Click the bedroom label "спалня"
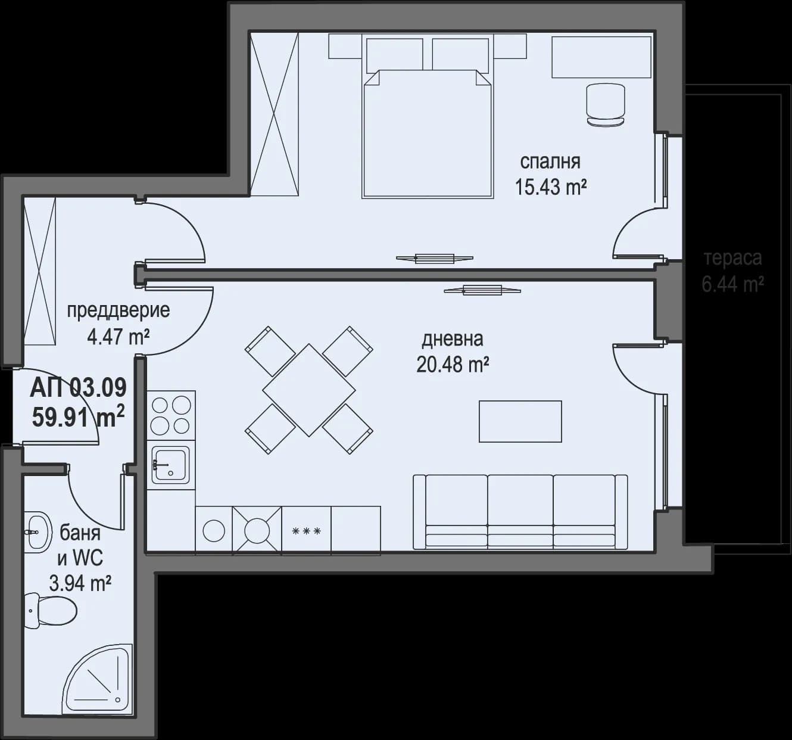(x=550, y=161)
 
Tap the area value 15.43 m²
(x=550, y=187)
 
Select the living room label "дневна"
(x=453, y=339)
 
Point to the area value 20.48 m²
(x=453, y=364)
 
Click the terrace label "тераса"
(x=732, y=259)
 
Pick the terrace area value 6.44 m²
(x=732, y=284)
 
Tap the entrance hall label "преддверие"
(x=118, y=310)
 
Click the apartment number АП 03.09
(x=79, y=388)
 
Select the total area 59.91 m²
(x=79, y=416)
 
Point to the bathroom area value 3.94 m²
(x=80, y=583)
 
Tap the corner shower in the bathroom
(x=98, y=679)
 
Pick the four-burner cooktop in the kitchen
(x=171, y=415)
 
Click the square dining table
(x=309, y=390)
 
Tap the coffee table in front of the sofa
(x=520, y=421)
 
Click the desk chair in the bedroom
(x=606, y=104)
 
